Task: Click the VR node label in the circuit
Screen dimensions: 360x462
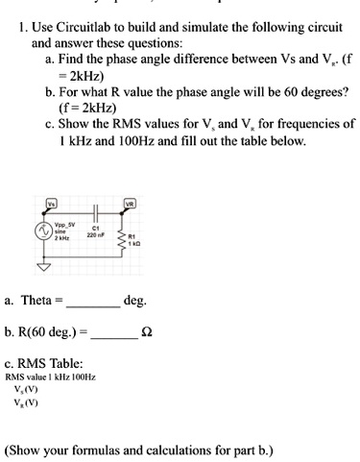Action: tap(130, 204)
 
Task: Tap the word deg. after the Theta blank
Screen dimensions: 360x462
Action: tap(135, 301)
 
